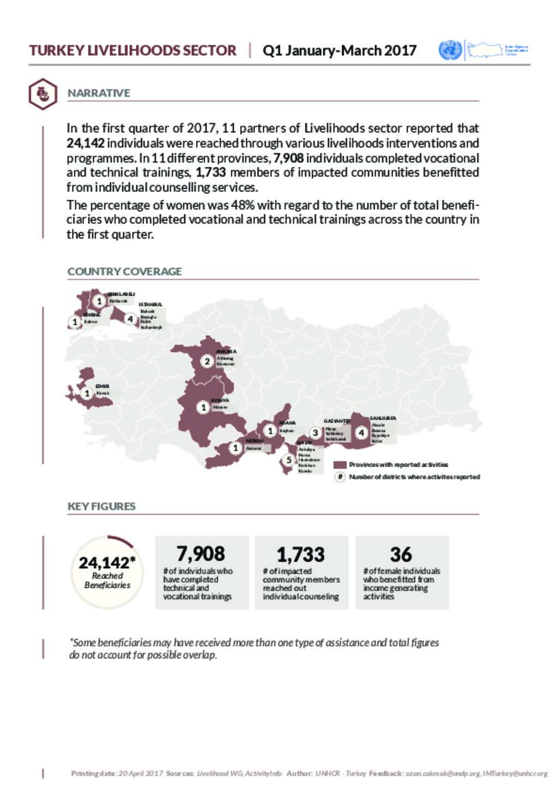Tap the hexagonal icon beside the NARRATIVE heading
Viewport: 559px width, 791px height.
click(x=42, y=94)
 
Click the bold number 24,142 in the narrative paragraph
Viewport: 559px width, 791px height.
click(x=86, y=144)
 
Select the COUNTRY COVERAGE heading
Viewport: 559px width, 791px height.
click(x=124, y=271)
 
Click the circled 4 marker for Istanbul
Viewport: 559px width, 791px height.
click(x=130, y=319)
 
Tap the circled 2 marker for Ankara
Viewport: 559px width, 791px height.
click(x=207, y=361)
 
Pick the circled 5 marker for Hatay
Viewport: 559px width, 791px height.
click(x=289, y=460)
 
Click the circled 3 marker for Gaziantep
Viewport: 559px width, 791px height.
click(x=315, y=433)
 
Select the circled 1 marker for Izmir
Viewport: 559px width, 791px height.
click(x=87, y=393)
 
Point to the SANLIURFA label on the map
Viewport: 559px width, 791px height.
click(x=383, y=419)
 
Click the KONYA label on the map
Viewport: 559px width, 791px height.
click(x=220, y=401)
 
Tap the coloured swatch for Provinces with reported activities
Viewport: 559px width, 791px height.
click(x=340, y=465)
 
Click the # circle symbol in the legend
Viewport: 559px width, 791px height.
click(x=340, y=477)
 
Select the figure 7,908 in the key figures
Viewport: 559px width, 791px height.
click(x=200, y=554)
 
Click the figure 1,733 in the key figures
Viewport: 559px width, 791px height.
click(x=300, y=555)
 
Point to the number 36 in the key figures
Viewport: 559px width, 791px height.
click(x=401, y=555)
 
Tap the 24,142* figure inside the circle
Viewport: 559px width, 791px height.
click(x=106, y=562)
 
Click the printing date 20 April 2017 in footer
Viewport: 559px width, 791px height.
click(x=141, y=774)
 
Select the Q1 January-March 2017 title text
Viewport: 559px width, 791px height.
click(x=339, y=51)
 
